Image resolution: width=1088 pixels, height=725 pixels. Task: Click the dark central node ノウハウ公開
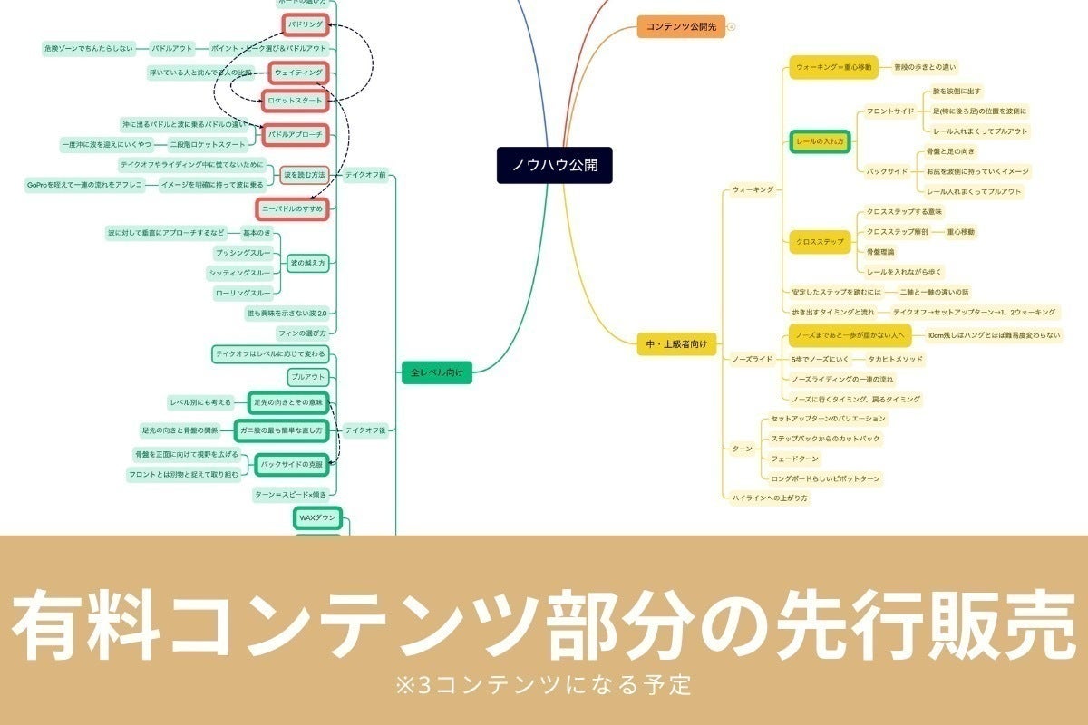click(x=554, y=166)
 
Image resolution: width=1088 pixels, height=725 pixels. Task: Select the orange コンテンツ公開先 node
click(x=681, y=27)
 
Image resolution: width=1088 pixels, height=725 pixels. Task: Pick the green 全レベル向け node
click(x=437, y=372)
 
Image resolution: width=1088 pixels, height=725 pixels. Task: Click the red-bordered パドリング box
click(x=304, y=24)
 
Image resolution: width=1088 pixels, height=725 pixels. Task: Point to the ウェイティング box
click(x=298, y=72)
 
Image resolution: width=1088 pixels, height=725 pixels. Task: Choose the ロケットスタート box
click(x=293, y=100)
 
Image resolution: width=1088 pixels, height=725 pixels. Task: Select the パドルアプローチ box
click(x=295, y=135)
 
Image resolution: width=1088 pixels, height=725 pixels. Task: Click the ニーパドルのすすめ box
click(x=291, y=209)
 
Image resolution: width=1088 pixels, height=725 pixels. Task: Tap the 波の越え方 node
click(x=307, y=264)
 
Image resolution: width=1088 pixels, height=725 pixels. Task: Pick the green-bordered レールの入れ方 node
click(x=820, y=142)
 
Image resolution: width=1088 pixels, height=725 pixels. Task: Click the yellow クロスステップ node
click(x=820, y=242)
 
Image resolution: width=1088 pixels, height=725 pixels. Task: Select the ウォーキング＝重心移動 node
click(x=834, y=67)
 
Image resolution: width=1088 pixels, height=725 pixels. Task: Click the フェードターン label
click(x=794, y=459)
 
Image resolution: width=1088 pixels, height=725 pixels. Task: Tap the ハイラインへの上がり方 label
click(x=770, y=498)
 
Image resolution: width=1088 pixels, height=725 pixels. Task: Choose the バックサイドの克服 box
click(x=292, y=464)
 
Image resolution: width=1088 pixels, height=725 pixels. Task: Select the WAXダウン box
click(x=317, y=517)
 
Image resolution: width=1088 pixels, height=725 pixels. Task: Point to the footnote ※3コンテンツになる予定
click(x=544, y=681)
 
